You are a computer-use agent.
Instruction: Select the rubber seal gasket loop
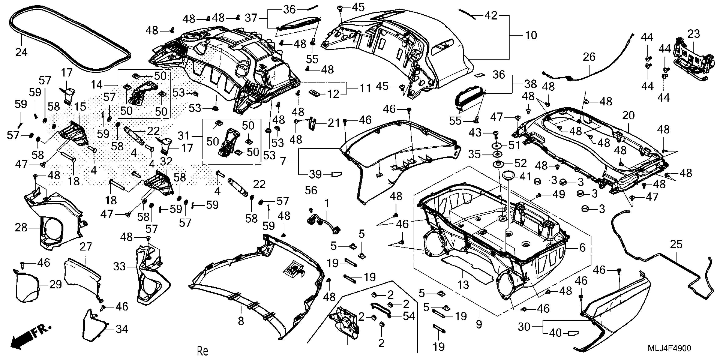point(70,39)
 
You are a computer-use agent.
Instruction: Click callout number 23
point(694,34)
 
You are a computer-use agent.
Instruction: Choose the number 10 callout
point(531,36)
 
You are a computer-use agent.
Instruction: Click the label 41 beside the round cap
point(525,176)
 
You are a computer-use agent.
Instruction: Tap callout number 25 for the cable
point(676,245)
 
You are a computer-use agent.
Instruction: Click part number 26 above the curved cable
point(589,57)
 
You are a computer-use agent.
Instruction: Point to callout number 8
point(241,321)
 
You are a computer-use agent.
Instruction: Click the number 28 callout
point(21,228)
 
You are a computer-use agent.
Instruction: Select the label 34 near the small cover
point(122,329)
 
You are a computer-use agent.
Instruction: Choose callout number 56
point(311,191)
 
